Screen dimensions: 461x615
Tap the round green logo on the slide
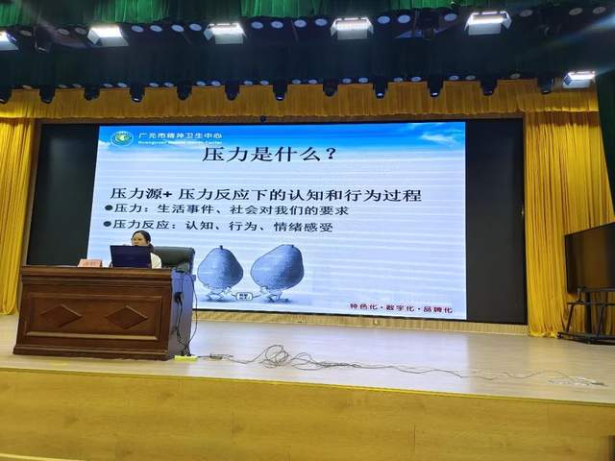click(122, 138)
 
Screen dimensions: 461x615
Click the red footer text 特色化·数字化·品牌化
click(404, 305)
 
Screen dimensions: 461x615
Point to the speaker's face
click(140, 239)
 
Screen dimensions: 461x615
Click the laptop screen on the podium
click(130, 256)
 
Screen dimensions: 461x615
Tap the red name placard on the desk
click(90, 262)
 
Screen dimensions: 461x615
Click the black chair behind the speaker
click(174, 257)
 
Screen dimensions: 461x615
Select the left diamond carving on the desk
click(60, 315)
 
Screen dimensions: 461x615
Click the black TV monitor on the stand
click(589, 256)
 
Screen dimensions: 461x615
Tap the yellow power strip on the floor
click(185, 358)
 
